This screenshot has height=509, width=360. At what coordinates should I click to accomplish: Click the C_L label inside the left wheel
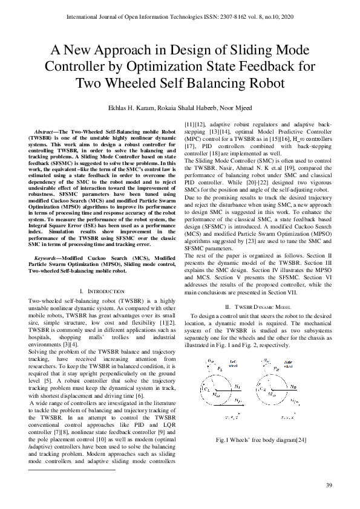pyautogui.click(x=208, y=389)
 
